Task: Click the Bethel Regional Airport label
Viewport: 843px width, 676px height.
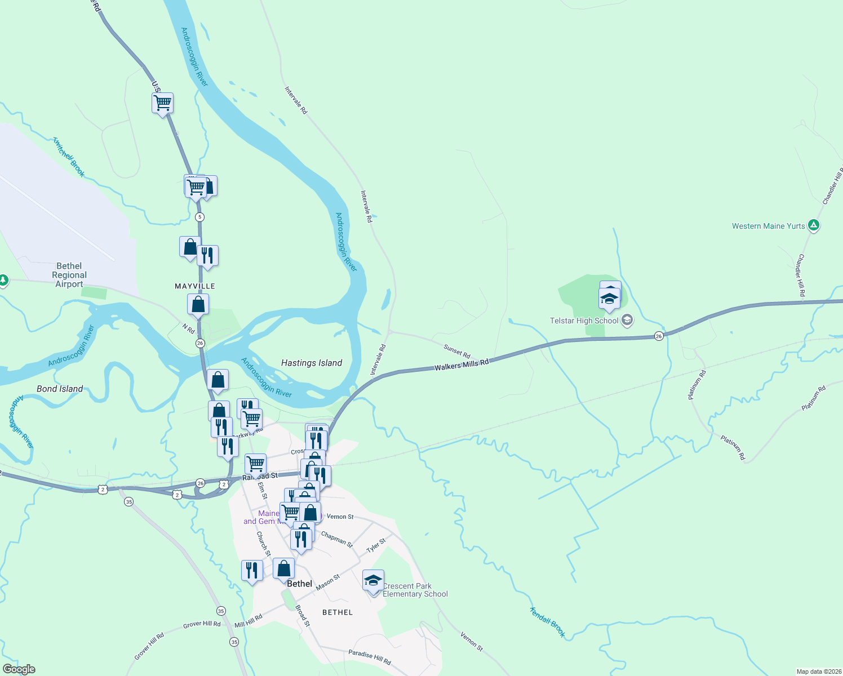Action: coord(69,275)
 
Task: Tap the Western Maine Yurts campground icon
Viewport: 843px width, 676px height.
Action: coord(813,225)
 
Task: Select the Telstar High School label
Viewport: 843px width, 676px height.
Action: coord(584,321)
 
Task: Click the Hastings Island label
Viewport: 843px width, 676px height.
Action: coord(312,363)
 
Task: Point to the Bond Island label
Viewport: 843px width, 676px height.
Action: coord(60,389)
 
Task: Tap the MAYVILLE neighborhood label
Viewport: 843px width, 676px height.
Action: coord(195,286)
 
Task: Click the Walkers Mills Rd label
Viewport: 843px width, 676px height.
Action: coord(462,365)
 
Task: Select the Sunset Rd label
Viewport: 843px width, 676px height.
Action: coord(456,351)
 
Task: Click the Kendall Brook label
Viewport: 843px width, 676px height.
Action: coord(547,622)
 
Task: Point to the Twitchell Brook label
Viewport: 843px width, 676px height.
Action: coord(69,157)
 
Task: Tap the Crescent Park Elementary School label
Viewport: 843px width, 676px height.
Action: coord(415,590)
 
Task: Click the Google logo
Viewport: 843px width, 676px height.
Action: coord(19,669)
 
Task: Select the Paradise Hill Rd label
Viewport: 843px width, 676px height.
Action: coord(369,657)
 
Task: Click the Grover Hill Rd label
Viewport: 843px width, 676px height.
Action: coord(202,624)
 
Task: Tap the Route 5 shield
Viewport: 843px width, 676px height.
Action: coord(199,217)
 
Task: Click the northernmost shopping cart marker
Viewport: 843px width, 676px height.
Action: coord(162,103)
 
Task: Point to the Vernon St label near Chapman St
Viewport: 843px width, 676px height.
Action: coord(340,517)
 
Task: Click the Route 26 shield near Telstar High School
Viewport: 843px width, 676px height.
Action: coord(659,336)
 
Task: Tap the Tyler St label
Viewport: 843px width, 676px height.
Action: coord(376,545)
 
